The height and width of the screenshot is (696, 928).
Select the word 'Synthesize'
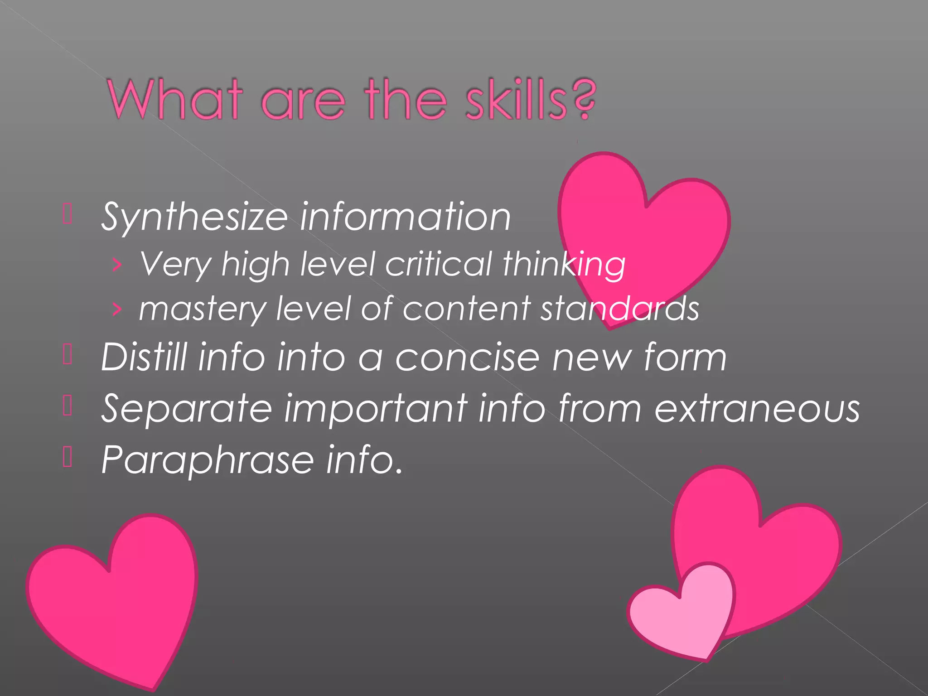(x=194, y=217)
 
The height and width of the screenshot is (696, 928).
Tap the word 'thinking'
(x=564, y=265)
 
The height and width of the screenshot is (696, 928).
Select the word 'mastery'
(x=202, y=309)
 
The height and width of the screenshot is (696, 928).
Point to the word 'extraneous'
(x=757, y=409)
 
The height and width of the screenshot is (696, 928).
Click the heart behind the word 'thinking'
(x=643, y=227)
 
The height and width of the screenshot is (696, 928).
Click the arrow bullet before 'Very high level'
(x=117, y=265)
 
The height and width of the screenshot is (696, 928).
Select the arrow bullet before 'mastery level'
(x=117, y=309)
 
